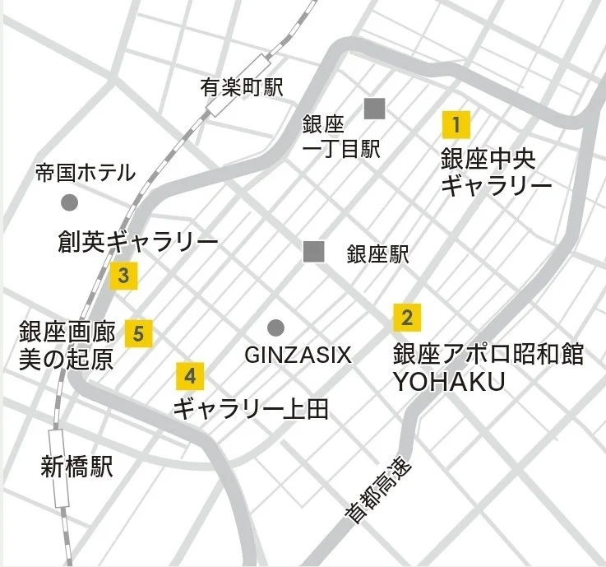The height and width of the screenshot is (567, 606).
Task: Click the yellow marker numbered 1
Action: (456, 125)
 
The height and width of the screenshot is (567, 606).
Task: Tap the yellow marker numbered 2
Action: (407, 317)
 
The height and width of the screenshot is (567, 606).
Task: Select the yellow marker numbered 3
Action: (123, 276)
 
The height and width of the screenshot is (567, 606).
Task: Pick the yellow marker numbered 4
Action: (190, 377)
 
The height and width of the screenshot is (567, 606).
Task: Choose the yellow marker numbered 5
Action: (138, 333)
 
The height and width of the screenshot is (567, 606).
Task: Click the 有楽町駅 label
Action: (241, 87)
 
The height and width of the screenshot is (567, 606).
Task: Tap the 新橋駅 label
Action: (76, 468)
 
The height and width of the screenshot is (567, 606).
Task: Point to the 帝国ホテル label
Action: (85, 173)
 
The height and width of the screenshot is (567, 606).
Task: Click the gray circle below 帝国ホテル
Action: (70, 202)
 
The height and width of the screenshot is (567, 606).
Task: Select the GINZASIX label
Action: (298, 356)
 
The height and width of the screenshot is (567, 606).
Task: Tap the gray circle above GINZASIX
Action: (275, 327)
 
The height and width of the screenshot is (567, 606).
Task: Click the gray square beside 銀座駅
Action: (313, 252)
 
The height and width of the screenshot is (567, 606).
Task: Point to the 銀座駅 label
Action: (377, 253)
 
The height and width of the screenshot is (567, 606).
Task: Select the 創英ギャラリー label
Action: (138, 242)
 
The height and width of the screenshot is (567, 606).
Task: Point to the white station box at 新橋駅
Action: (59, 467)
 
